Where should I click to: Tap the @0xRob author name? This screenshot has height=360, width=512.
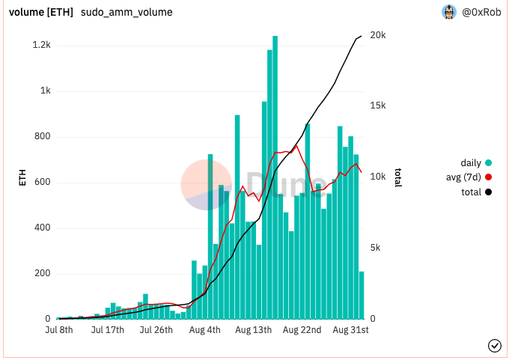pos(482,12)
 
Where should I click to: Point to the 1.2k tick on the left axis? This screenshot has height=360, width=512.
pos(41,46)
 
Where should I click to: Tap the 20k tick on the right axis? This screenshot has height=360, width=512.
pos(379,35)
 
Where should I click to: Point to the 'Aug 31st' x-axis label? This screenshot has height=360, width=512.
pos(351,329)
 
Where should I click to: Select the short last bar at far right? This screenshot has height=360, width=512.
pos(362,295)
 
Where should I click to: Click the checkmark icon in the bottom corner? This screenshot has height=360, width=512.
pos(494,345)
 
